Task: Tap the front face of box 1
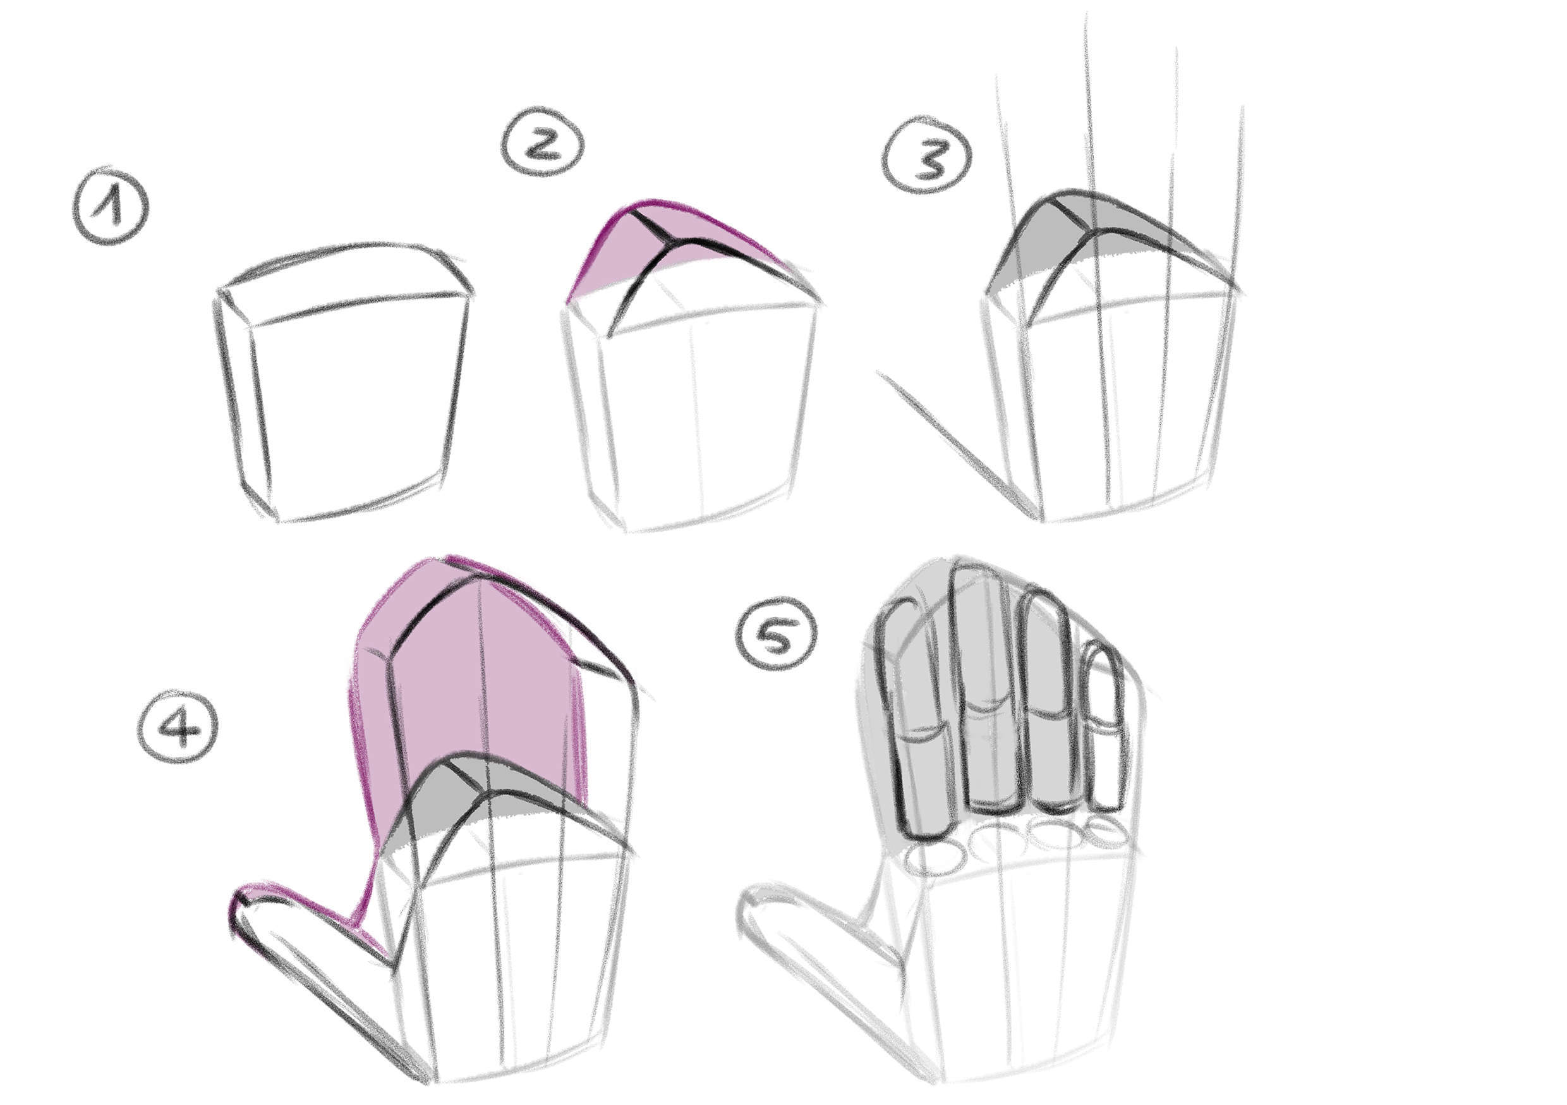[x=355, y=410]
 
